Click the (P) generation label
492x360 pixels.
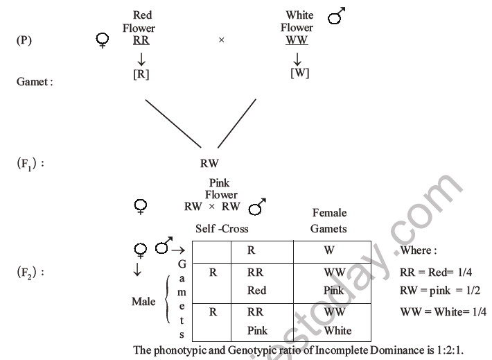point(24,40)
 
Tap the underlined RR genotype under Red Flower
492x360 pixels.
point(141,40)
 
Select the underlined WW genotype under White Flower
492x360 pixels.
point(297,40)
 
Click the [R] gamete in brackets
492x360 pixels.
point(142,74)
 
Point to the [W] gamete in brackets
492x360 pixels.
point(299,73)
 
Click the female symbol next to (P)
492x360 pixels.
point(103,42)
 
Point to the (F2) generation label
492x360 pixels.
point(30,273)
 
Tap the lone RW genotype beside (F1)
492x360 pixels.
point(209,164)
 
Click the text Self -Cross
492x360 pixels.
point(222,228)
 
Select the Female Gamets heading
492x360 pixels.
point(329,221)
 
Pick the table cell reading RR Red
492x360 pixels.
point(256,282)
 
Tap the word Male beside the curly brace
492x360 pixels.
point(145,302)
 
